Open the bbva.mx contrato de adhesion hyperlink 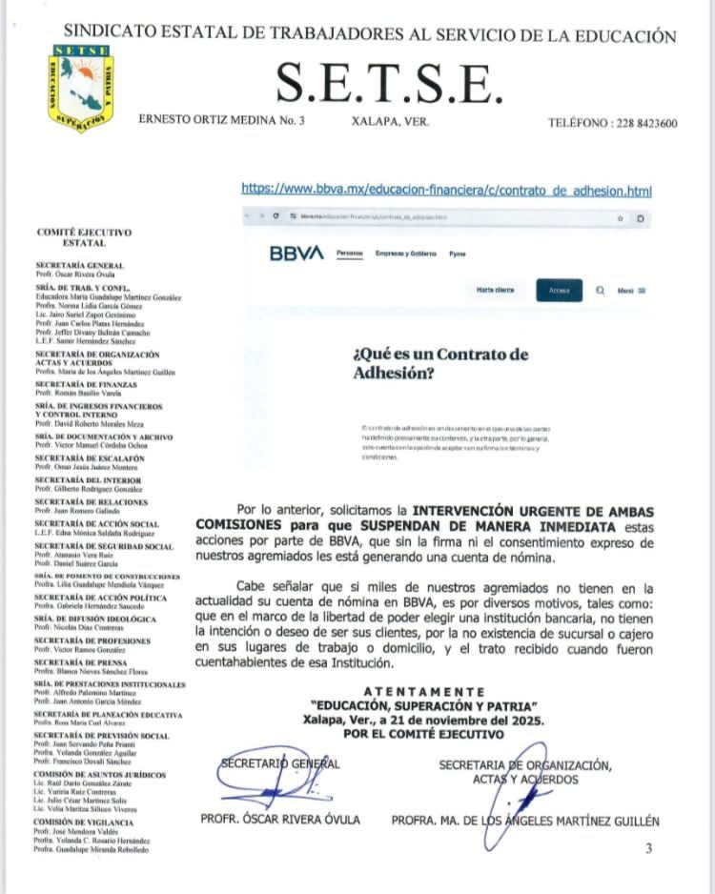pos(447,190)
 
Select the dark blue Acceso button pos(559,291)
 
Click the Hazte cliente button pos(496,291)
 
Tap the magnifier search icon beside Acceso pos(600,291)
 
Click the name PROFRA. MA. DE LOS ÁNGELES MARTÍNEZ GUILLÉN pos(524,821)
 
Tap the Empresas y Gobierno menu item pos(405,254)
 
